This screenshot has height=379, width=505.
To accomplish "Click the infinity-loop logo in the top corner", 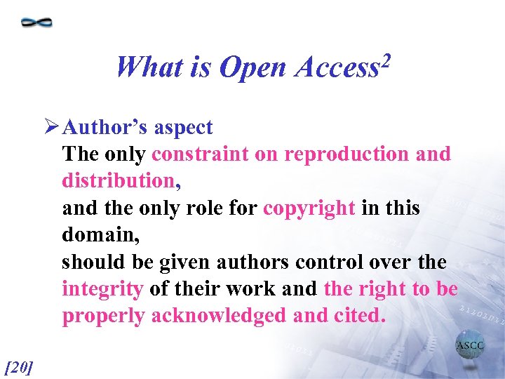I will [36, 22].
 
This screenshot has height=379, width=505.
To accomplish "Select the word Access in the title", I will [335, 67].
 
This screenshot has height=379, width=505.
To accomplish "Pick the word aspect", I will [183, 128].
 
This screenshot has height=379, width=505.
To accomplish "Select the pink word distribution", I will [118, 180].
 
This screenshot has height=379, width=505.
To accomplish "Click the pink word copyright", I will [309, 208].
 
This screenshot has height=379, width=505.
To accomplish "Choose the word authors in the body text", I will [248, 262].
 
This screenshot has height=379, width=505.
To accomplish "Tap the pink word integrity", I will [102, 289].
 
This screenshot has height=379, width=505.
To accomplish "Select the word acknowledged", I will [218, 316].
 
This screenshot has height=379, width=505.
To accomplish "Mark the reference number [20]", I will [19, 366].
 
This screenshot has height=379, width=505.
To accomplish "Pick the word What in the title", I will [149, 67].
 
